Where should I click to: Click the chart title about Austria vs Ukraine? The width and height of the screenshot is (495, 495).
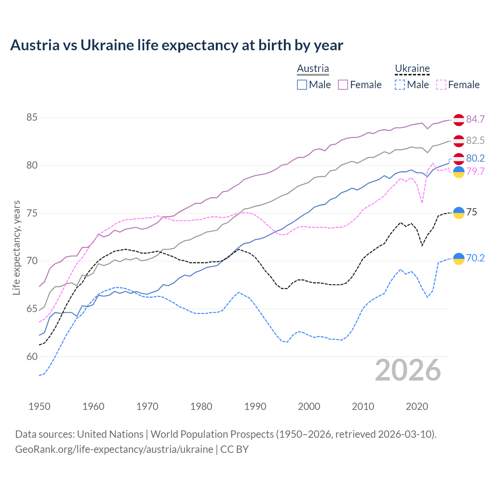point(176,45)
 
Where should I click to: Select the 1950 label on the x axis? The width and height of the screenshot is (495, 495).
point(39,406)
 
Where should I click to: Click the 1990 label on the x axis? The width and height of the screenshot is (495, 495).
point(255,406)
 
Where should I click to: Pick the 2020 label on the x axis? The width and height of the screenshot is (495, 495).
point(417,406)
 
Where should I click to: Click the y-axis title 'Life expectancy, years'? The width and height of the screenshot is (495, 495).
point(17,247)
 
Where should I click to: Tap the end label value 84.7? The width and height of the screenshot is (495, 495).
point(475,119)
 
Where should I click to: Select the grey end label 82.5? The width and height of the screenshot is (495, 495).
point(475,140)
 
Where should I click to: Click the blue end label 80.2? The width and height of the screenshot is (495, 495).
point(475,158)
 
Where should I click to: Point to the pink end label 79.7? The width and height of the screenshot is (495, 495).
point(475,171)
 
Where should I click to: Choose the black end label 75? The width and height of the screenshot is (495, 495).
point(471,212)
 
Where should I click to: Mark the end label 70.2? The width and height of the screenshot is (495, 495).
point(475,258)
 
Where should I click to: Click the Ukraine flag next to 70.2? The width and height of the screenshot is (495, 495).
point(459,258)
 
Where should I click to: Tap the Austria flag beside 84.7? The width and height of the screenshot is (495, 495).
point(459,120)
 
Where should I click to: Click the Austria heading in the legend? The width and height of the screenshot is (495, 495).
point(313,68)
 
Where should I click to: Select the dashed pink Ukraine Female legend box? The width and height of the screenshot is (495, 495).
point(441,85)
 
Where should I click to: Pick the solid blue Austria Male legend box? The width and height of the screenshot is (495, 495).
point(302,85)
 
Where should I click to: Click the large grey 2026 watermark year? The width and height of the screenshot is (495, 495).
point(408,370)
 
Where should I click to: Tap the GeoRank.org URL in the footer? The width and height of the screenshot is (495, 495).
point(114,449)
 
